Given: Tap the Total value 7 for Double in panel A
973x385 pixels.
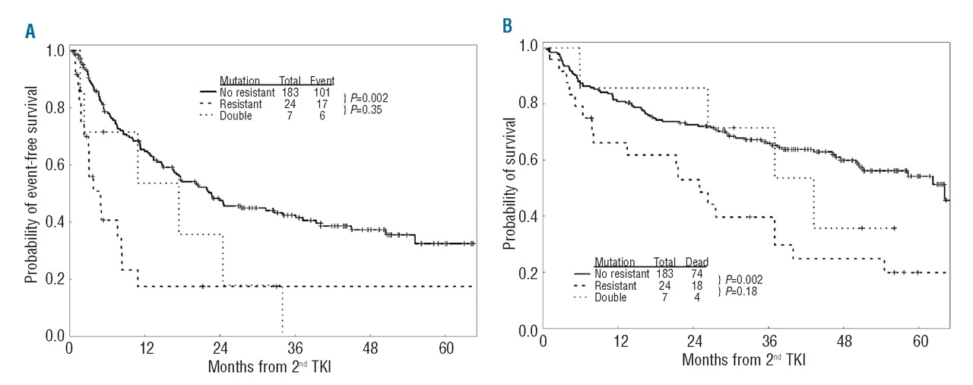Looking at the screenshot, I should coord(293,116).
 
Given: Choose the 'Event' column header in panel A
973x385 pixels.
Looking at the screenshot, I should coord(322,80).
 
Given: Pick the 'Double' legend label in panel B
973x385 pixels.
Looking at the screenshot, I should coord(611,297).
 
